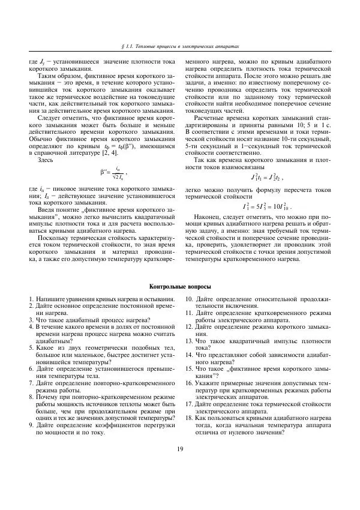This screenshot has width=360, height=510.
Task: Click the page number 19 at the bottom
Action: [x=179, y=467]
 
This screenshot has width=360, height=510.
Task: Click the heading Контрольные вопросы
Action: [x=179, y=287]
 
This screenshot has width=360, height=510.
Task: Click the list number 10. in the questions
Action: [x=189, y=299]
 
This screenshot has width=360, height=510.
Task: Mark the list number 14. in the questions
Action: [x=189, y=355]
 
